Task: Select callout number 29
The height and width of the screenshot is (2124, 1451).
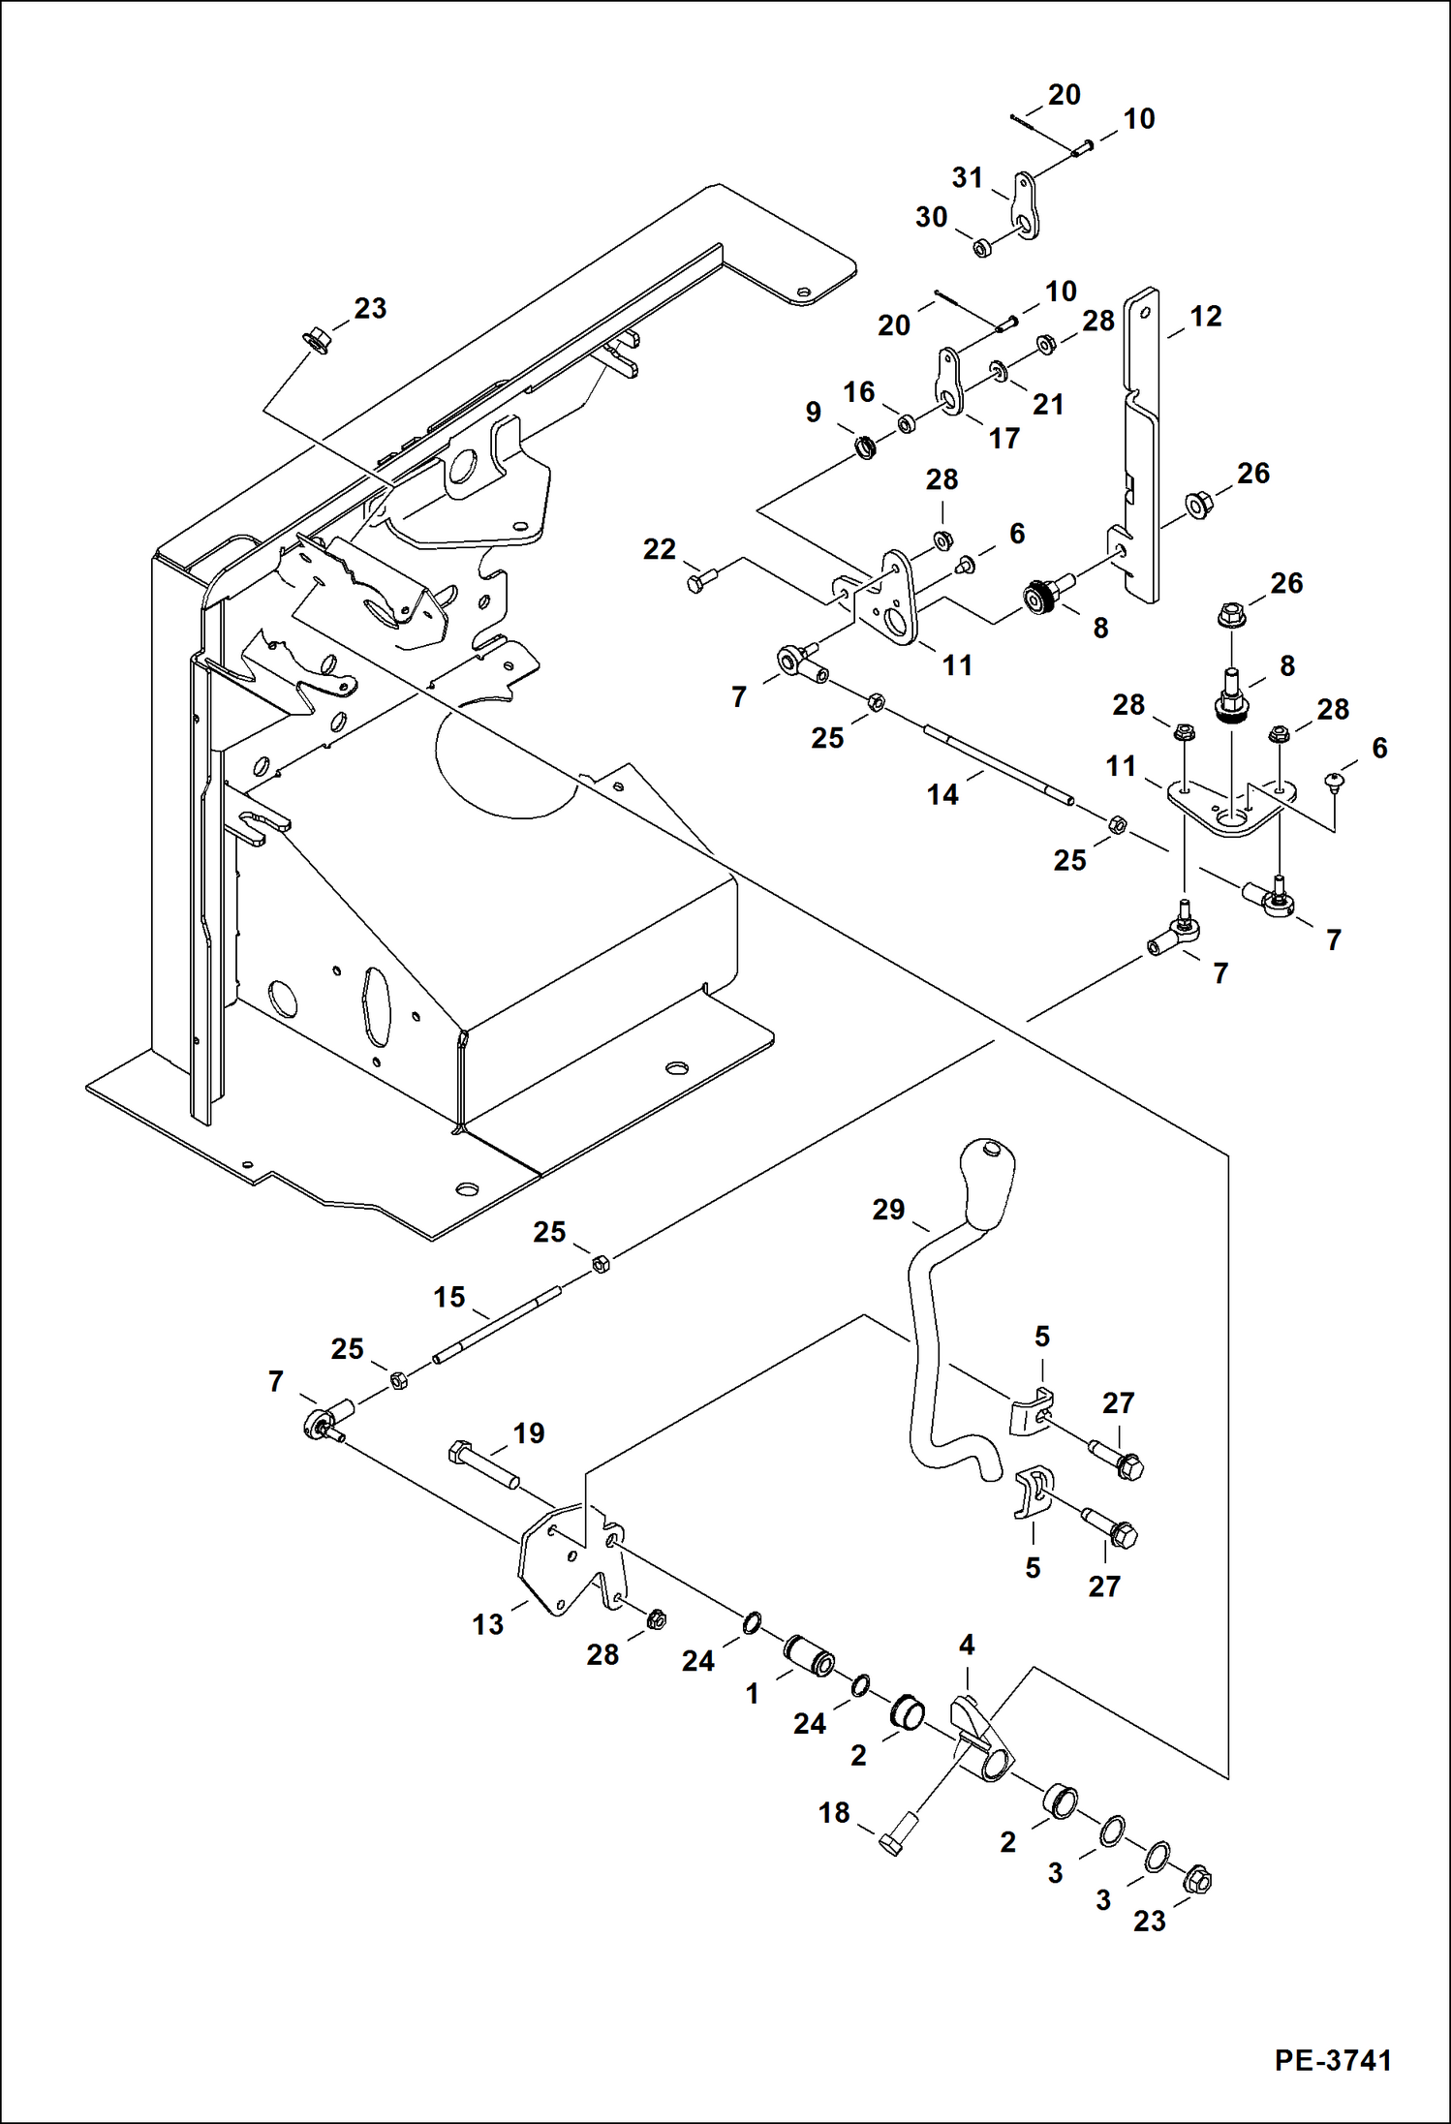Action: point(888,1209)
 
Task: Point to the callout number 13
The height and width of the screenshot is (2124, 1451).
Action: point(488,1624)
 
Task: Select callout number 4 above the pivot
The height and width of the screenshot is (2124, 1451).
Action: point(967,1645)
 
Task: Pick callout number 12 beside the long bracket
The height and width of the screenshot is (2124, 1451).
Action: point(1206,317)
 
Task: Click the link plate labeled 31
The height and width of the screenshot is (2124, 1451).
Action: point(1027,206)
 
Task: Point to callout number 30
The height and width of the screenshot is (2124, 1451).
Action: point(931,217)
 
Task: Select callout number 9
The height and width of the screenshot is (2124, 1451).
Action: point(814,412)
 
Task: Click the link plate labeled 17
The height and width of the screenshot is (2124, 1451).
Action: point(949,384)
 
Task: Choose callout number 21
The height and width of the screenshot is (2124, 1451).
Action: point(1048,403)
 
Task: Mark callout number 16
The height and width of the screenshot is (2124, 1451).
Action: point(858,391)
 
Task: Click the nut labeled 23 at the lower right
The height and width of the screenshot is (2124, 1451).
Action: point(1197,1880)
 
